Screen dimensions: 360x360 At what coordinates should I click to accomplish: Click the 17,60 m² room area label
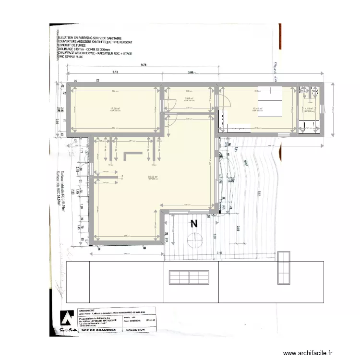(115, 108)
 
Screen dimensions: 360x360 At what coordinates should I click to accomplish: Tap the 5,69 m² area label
(189, 99)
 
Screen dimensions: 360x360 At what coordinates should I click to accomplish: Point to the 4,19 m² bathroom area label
(309, 108)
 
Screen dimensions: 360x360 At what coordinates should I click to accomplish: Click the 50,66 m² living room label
(153, 177)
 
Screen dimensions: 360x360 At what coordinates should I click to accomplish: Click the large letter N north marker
(194, 224)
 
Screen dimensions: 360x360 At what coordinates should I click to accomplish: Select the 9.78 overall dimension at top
(144, 65)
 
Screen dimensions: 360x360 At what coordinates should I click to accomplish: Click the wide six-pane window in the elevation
(189, 277)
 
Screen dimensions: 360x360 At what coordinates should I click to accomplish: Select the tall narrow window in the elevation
(284, 267)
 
